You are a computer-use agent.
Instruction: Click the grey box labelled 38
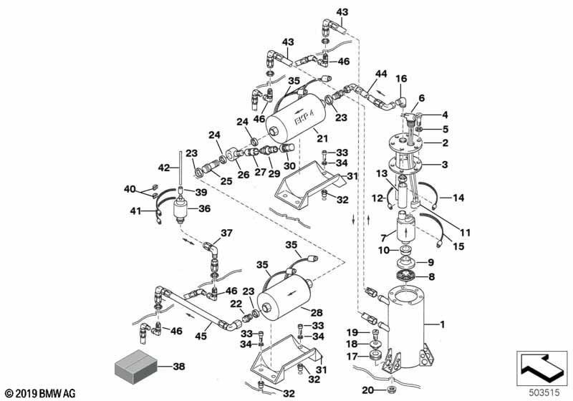tap(134, 367)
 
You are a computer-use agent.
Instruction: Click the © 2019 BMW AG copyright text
tap(39, 393)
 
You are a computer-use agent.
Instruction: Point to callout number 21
tap(322, 137)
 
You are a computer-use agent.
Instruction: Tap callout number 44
tap(381, 74)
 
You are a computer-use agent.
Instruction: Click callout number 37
tap(226, 232)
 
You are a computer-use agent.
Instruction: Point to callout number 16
tap(401, 78)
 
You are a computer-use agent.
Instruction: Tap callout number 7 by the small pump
tap(383, 237)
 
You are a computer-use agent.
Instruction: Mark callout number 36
tap(205, 209)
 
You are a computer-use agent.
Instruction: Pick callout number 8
tap(432, 276)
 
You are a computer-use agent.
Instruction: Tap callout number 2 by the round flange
tap(445, 143)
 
